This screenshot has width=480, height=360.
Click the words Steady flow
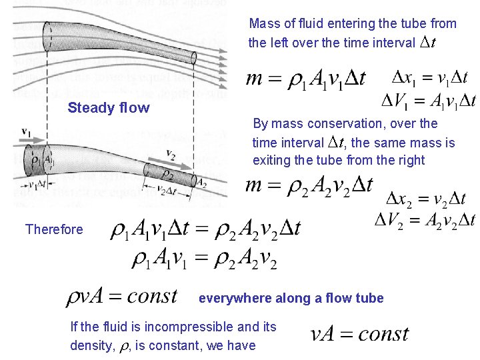[109, 108]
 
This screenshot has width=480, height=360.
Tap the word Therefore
[54, 229]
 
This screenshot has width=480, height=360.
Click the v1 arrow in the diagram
[27, 135]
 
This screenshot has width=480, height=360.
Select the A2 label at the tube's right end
[201, 181]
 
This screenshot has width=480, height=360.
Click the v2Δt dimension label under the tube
[169, 191]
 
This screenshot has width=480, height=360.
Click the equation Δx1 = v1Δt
[429, 77]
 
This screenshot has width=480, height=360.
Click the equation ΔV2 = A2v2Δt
[425, 220]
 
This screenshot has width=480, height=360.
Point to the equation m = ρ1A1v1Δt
[306, 79]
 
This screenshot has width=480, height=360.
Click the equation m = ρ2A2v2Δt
[309, 185]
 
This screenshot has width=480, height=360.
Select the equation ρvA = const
[121, 296]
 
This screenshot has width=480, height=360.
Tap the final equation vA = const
[359, 333]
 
